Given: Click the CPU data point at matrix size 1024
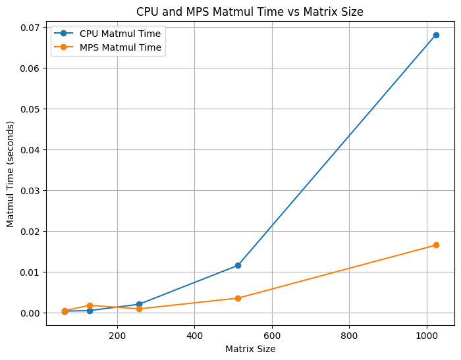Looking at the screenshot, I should coord(436,35).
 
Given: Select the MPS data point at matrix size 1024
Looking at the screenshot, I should coord(436,245).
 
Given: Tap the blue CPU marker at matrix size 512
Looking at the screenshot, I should coord(238,265).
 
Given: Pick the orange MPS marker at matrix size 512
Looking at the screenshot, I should coord(238,298).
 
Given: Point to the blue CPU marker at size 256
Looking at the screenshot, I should coord(139,304).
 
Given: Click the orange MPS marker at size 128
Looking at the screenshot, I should coord(90,305).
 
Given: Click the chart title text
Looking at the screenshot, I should coord(250,12).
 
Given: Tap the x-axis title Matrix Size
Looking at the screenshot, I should coord(250,349).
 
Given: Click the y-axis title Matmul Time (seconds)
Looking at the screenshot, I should coord(11,174).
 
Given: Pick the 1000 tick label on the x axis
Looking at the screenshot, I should coord(427,335).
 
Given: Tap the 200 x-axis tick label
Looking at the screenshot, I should coord(117,335).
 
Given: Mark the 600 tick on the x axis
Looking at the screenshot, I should coord(272,335).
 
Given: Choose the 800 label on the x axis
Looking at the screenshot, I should coord(349,335).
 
